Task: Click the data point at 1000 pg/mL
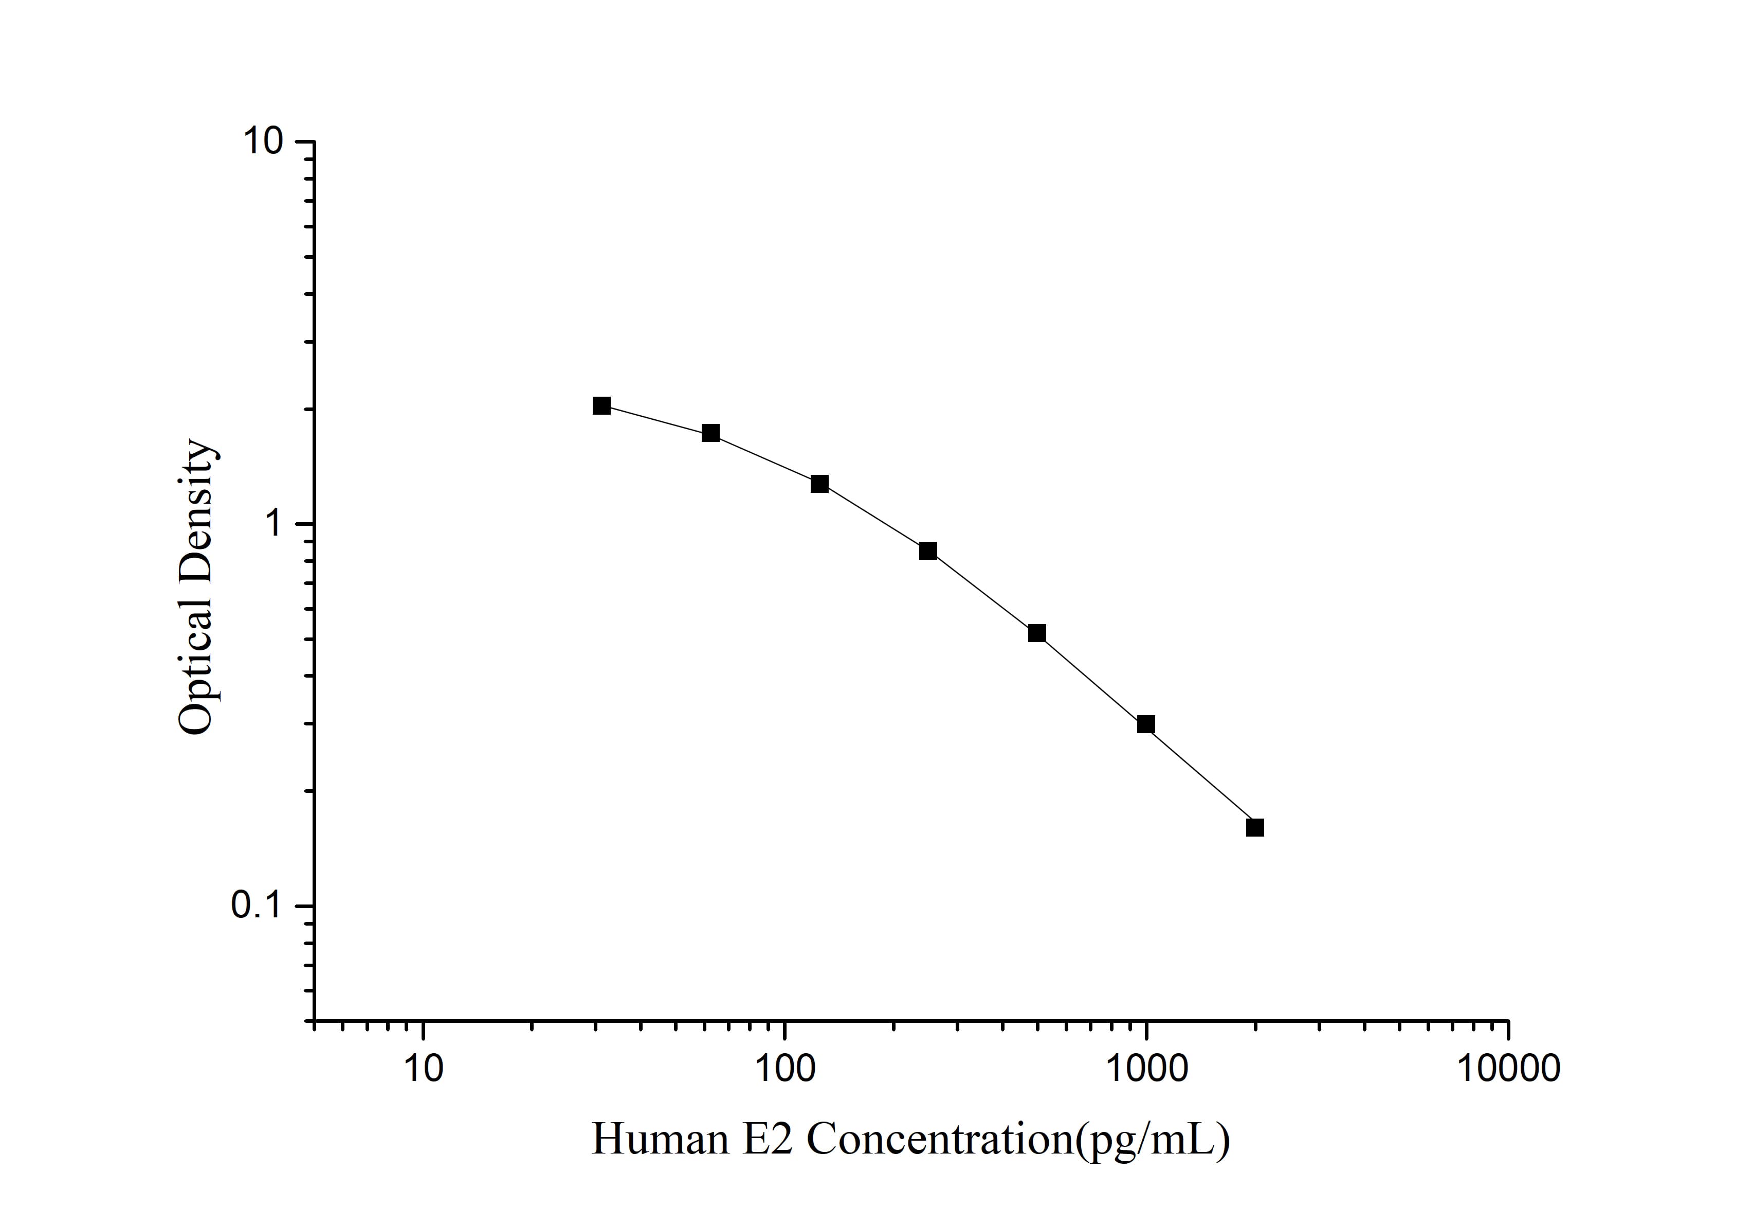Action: pyautogui.click(x=1145, y=724)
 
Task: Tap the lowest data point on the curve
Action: pyautogui.click(x=1255, y=828)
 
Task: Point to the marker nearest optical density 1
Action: pyautogui.click(x=928, y=552)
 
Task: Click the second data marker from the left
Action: pyautogui.click(x=710, y=433)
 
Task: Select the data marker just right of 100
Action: pyautogui.click(x=819, y=484)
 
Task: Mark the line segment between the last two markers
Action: pyautogui.click(x=1200, y=776)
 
